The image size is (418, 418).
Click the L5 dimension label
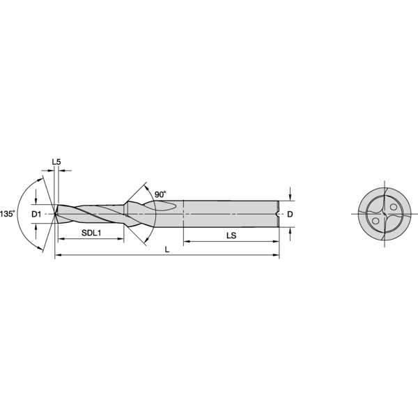[56, 162]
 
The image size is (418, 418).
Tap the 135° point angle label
[8, 214]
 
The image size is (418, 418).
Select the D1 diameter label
[36, 214]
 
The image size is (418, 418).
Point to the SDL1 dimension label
[91, 233]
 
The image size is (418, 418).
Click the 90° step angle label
[160, 194]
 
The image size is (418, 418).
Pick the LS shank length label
[231, 235]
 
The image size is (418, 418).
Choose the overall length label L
[167, 249]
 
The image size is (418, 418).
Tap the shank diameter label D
[290, 214]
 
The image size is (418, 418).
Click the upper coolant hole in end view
[394, 207]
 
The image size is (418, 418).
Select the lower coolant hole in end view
[376, 221]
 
